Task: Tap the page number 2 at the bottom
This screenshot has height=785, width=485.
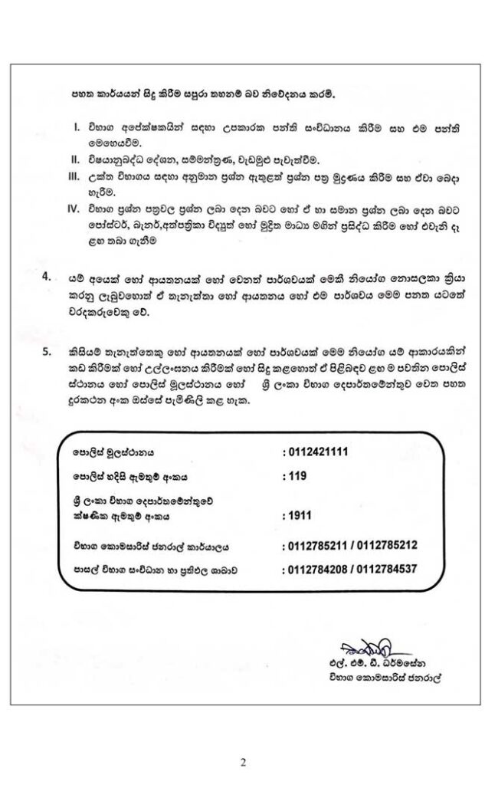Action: pos(243,762)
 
